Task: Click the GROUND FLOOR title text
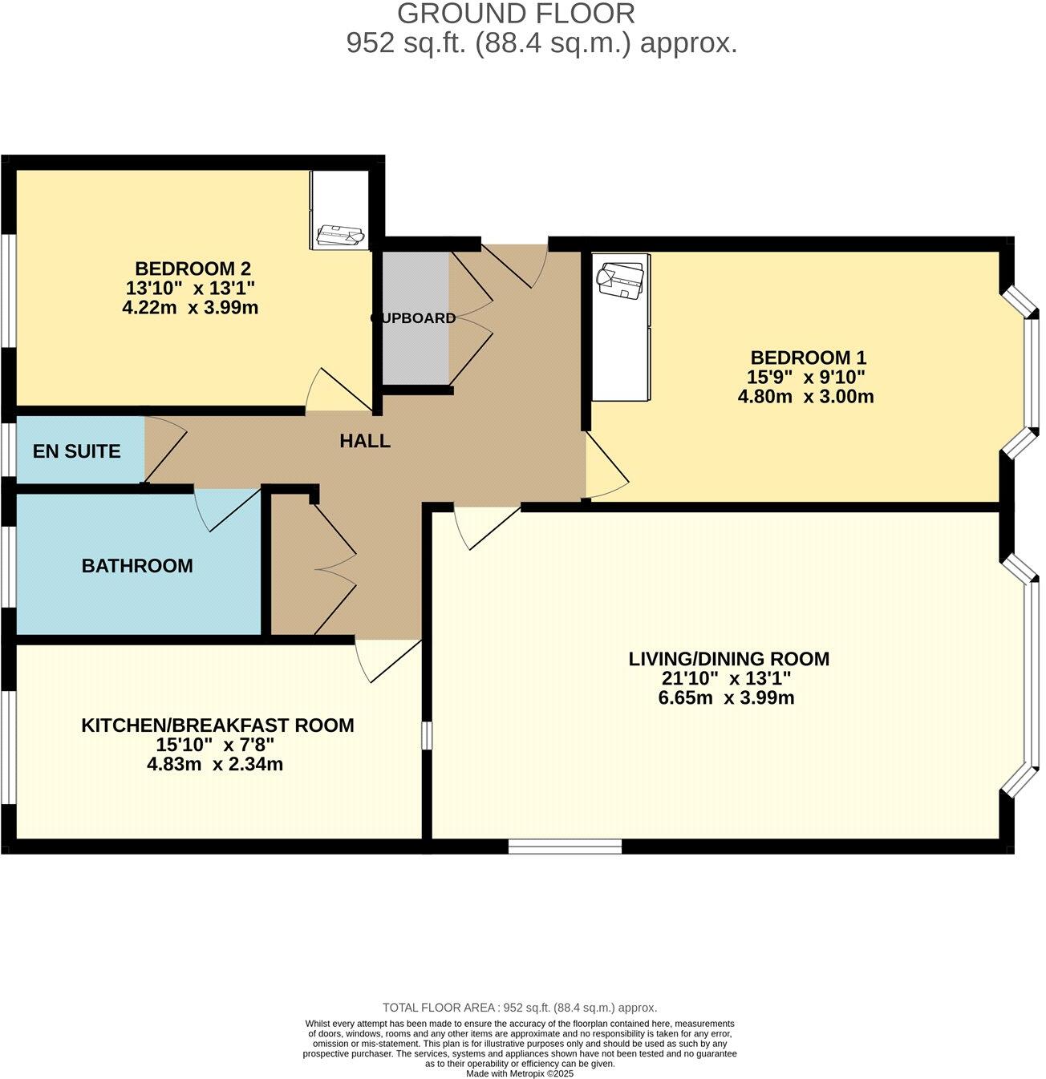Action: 516,14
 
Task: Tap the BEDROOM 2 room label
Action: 193,269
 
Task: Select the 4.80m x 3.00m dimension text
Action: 805,396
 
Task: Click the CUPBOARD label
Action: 413,318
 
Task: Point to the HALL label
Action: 365,441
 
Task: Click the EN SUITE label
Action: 77,451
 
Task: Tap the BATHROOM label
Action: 137,566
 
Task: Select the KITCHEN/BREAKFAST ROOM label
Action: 217,725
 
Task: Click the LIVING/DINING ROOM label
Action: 728,659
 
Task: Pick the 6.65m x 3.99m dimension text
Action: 726,697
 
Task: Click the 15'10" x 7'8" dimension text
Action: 215,745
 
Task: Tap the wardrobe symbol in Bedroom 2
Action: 340,210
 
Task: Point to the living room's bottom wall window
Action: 565,846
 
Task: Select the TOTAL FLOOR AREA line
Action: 519,1008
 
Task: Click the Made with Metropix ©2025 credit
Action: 519,1073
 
